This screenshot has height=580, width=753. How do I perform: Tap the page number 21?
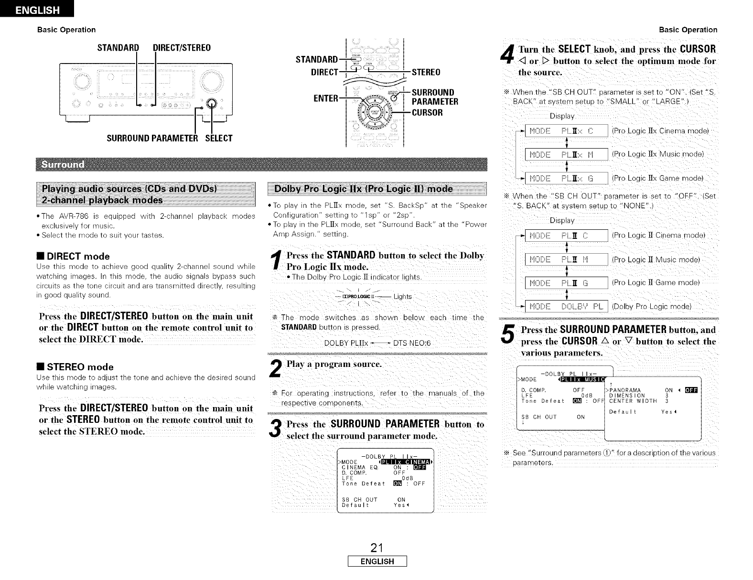coord(377,548)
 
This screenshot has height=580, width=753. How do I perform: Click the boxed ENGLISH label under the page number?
coord(377,561)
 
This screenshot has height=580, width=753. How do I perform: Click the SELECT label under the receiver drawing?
coord(219,139)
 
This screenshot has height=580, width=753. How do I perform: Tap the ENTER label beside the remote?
coord(326,98)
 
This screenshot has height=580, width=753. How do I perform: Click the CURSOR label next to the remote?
coord(427,113)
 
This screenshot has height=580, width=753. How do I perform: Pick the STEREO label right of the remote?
coord(426,73)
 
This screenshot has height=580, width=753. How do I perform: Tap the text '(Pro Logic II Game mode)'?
coord(656,282)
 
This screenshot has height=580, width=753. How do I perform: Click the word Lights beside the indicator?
coord(402,297)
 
